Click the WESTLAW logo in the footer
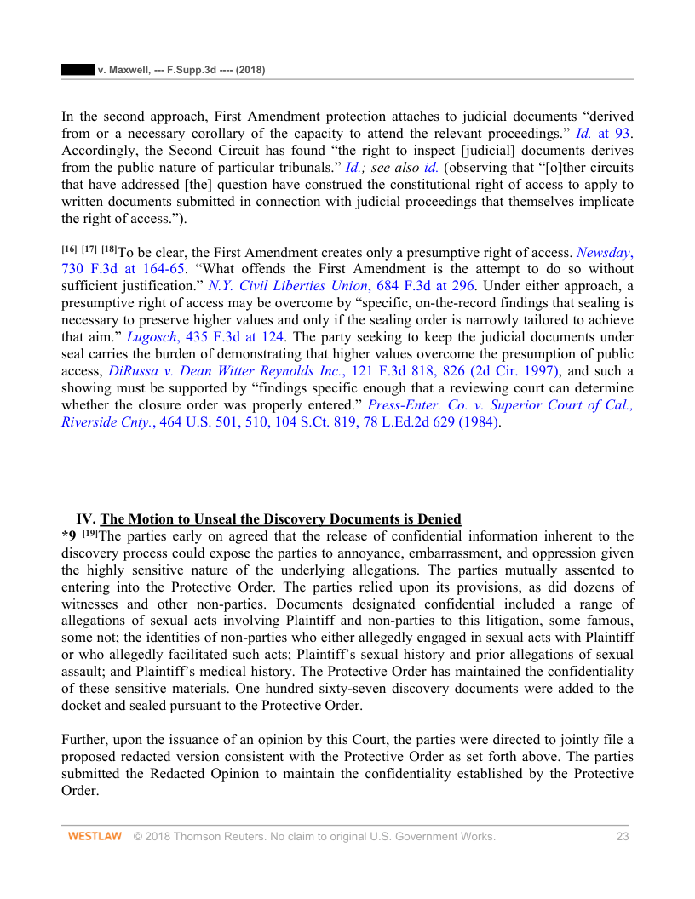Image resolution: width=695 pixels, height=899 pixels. [x=95, y=837]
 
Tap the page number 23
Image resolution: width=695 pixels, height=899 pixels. [x=622, y=837]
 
